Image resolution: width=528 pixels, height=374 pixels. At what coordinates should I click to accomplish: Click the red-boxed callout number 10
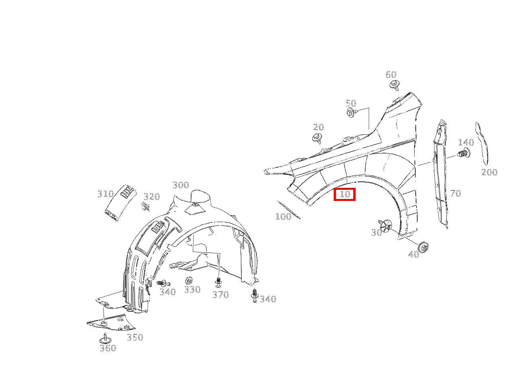[344, 194]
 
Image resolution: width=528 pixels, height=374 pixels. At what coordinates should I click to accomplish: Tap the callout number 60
[391, 75]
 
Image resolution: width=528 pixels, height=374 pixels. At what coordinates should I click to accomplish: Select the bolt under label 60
[395, 85]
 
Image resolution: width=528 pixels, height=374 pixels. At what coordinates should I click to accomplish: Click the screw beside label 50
[352, 112]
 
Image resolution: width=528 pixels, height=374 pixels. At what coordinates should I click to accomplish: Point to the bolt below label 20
[317, 138]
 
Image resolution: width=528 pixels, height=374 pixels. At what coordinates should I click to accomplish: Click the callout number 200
[489, 172]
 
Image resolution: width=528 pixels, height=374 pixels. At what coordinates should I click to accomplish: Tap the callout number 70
[456, 193]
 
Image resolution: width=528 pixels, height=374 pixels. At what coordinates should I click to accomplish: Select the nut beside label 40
[423, 247]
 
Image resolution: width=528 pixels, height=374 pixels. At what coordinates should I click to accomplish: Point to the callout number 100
[283, 217]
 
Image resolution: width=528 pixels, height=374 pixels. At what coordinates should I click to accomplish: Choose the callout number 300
[181, 185]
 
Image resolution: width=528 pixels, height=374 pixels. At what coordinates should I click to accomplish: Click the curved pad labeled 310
[121, 203]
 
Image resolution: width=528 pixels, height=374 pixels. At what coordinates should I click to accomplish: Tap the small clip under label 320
[146, 207]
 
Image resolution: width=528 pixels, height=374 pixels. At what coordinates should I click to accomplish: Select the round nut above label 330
[189, 280]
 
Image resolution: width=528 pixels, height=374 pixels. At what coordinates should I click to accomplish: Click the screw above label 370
[219, 282]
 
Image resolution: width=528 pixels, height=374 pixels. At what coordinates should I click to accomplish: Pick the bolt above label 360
[106, 339]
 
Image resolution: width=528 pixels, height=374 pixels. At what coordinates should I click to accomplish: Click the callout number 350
[135, 337]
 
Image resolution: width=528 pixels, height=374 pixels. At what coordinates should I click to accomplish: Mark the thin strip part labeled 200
[481, 143]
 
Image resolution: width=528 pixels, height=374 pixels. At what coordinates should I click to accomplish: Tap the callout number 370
[221, 295]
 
